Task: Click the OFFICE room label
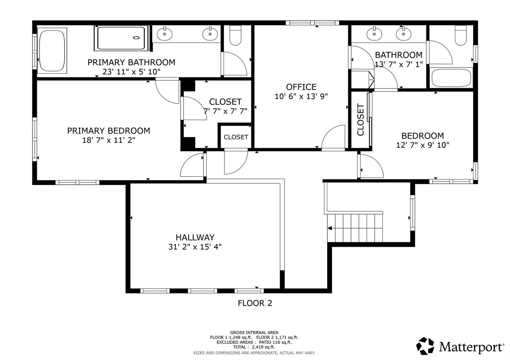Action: [x=301, y=87]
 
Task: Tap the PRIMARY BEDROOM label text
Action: [x=109, y=131]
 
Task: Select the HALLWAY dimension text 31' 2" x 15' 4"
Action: [x=195, y=247]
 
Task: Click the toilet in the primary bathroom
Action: [x=235, y=35]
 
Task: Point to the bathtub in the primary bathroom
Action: [x=52, y=51]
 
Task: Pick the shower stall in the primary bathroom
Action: [x=121, y=38]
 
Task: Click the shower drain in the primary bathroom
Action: [x=136, y=38]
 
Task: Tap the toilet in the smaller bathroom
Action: [x=461, y=35]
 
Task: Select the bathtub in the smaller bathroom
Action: [x=451, y=78]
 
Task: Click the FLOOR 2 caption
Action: [x=255, y=303]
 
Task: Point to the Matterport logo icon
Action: [x=425, y=346]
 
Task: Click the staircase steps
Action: [x=355, y=228]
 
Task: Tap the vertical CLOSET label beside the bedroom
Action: [x=361, y=120]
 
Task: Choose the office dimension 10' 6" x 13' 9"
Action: [x=301, y=97]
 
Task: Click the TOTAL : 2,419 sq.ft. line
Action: [x=254, y=347]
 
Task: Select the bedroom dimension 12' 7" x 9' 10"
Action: [x=423, y=145]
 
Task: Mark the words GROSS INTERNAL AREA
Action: [x=254, y=333]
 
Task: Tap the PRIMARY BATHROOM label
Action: [x=131, y=62]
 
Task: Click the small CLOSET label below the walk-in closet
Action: [x=236, y=137]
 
